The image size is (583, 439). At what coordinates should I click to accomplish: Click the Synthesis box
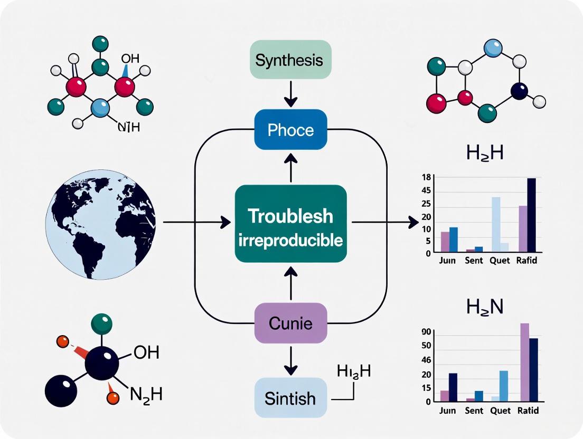[289, 60]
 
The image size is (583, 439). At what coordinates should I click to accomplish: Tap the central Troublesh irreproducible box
[290, 224]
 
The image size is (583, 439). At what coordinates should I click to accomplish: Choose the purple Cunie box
[290, 323]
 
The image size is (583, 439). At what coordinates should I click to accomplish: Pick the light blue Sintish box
[290, 398]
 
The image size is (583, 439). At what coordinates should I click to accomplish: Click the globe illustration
[100, 224]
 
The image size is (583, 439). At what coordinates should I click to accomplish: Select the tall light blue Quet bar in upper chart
[496, 224]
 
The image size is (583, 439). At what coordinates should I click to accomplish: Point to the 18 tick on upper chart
[426, 178]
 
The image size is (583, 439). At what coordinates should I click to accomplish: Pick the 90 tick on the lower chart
[426, 332]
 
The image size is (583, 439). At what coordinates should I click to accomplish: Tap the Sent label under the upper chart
[474, 261]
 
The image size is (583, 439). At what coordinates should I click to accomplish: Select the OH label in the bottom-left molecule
[146, 352]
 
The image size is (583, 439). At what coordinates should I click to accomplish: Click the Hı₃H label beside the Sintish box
[353, 371]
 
